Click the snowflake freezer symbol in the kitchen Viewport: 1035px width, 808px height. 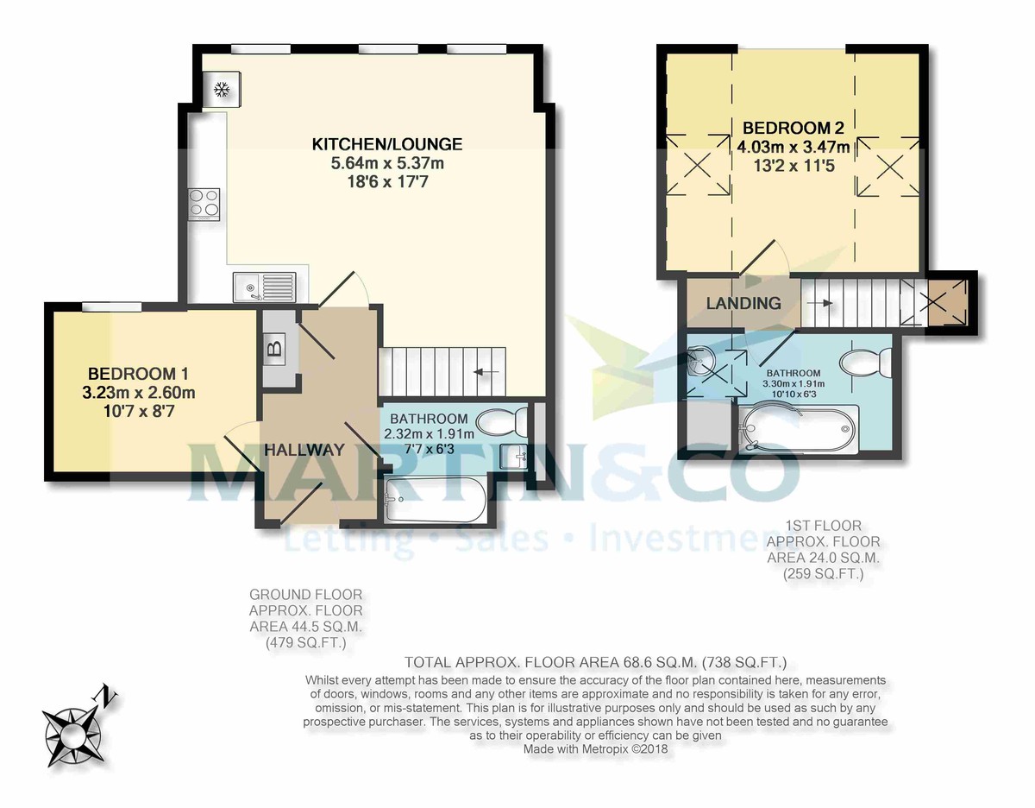tap(222, 89)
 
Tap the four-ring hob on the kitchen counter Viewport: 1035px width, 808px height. tap(204, 203)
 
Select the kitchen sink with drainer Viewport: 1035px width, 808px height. tap(263, 286)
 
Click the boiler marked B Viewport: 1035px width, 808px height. tap(275, 349)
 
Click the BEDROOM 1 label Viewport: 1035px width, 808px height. tap(138, 374)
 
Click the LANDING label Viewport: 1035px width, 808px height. tap(743, 303)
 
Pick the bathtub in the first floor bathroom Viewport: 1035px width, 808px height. tap(798, 429)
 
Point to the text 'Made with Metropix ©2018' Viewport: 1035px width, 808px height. tap(595, 749)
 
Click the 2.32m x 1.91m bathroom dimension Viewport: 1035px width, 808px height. tap(427, 434)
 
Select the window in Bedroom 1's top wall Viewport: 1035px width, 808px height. tap(112, 306)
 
